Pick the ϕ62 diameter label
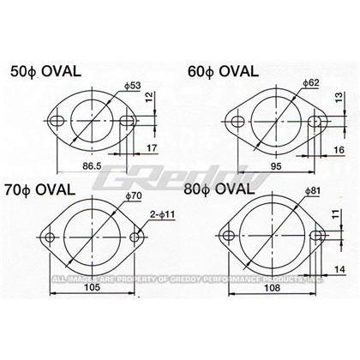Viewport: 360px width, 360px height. [312, 83]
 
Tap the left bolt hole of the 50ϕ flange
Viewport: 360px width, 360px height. [59, 121]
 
